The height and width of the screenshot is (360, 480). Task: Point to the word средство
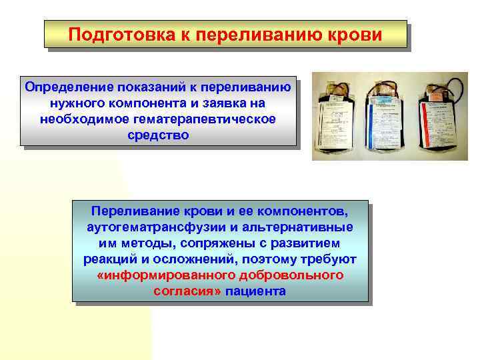point(157,135)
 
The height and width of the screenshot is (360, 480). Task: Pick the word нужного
point(75,103)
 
